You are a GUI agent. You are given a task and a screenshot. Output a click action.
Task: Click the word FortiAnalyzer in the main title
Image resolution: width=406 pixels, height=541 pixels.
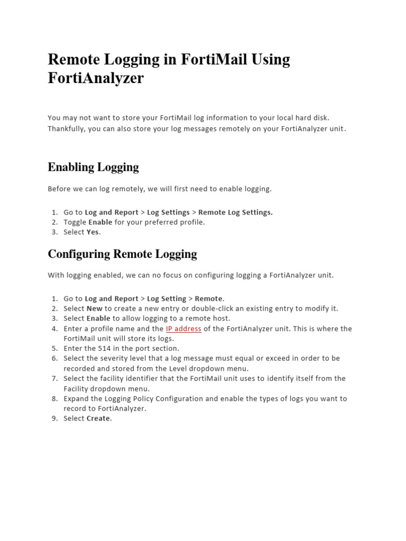click(x=96, y=79)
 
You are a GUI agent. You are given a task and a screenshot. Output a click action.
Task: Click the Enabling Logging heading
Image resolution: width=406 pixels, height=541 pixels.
click(x=93, y=167)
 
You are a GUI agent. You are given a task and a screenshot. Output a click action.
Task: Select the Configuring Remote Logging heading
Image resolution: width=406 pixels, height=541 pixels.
click(x=122, y=254)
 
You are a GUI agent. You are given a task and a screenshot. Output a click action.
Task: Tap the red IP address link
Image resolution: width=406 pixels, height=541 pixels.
click(x=183, y=329)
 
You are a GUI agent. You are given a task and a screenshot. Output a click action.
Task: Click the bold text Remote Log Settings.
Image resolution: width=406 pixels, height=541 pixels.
click(x=235, y=212)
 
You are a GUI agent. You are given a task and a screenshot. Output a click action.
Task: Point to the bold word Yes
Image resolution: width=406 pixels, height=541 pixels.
click(x=93, y=232)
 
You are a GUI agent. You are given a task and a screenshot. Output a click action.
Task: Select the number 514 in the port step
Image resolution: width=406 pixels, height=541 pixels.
click(x=104, y=349)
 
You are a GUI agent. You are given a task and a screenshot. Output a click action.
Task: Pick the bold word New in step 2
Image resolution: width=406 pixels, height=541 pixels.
click(x=95, y=309)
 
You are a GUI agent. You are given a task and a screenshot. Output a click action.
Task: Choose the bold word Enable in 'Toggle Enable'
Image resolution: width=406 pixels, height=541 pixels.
click(x=100, y=222)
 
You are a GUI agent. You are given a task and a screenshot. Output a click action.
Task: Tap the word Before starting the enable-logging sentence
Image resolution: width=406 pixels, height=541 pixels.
click(x=60, y=189)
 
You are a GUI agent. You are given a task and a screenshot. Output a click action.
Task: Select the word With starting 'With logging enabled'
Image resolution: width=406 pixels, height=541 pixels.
click(x=56, y=275)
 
